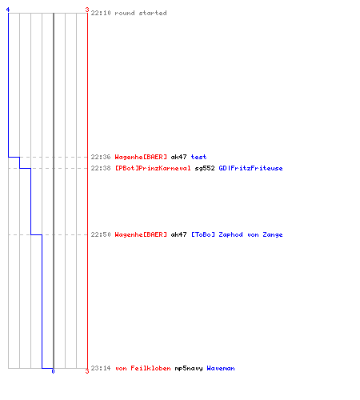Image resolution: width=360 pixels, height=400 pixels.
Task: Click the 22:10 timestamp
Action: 101,13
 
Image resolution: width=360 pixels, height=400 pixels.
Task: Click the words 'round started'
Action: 141,13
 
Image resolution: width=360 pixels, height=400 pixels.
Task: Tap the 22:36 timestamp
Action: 101,157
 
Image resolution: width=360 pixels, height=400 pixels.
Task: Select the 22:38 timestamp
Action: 101,168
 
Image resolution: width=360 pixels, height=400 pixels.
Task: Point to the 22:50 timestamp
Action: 101,234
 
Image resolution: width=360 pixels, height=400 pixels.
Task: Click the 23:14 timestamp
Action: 101,368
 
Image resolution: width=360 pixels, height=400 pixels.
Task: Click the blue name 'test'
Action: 198,157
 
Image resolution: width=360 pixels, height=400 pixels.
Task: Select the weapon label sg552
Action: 205,168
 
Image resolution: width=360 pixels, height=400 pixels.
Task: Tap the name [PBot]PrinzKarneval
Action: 153,168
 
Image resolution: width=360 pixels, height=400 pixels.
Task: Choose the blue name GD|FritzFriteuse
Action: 250,168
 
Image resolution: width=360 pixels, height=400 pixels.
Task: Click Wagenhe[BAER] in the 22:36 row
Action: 141,157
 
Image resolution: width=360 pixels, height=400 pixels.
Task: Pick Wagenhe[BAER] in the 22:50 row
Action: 141,234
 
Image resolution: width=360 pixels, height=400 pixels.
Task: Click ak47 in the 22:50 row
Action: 178,234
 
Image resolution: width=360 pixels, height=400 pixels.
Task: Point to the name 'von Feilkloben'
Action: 143,368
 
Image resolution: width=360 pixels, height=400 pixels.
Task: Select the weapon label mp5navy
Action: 189,368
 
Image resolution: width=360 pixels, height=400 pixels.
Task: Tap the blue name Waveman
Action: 221,368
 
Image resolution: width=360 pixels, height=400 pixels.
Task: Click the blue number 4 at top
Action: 8,10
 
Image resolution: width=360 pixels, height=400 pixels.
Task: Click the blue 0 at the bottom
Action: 53,371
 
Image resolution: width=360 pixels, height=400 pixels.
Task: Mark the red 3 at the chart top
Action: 87,10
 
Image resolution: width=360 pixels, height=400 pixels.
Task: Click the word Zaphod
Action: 230,234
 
